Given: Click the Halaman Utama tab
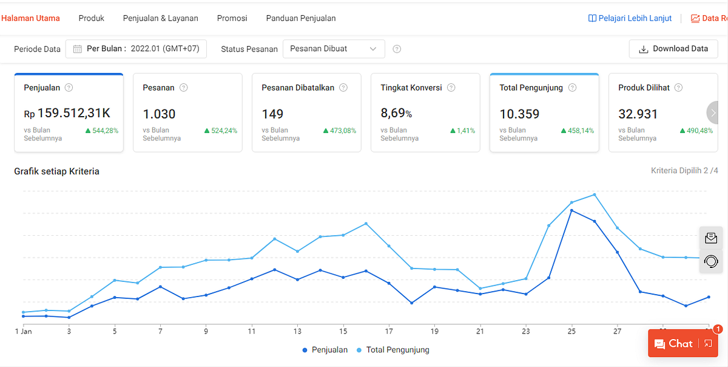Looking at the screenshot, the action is tap(30, 18).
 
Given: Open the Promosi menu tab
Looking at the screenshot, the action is tap(232, 18).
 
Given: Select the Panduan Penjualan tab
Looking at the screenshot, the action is tap(301, 18).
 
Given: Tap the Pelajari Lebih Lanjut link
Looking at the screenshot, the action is tap(630, 18).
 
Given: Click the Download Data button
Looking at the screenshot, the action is tap(673, 49).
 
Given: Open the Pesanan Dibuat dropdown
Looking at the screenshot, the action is tap(334, 49).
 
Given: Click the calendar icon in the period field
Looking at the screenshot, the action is tap(78, 49).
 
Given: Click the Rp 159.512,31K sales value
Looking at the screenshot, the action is tap(67, 114).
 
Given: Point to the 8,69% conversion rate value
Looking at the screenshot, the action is tap(396, 114).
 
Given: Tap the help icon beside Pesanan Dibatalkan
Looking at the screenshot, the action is tap(343, 87).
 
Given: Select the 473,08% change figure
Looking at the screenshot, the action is tap(340, 131).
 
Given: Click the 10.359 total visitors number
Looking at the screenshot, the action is tap(519, 114).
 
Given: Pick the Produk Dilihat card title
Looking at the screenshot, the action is tap(644, 87).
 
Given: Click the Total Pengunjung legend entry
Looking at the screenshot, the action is tap(393, 350).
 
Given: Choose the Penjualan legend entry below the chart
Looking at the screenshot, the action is tap(325, 350).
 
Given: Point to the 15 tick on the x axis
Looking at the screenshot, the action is tap(343, 331).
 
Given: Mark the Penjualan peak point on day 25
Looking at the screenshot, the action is tap(571, 211).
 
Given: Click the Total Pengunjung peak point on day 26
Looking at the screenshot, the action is tap(595, 194).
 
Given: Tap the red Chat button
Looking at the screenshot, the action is tap(683, 343).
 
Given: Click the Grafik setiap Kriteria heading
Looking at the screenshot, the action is tap(56, 171).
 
